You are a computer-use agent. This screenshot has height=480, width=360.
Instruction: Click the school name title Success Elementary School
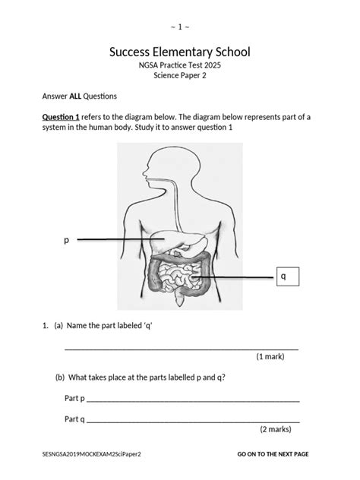[x=179, y=54]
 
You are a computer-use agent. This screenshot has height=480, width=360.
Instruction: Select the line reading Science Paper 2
[x=179, y=80]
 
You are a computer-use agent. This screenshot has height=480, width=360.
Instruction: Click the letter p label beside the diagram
[x=66, y=240]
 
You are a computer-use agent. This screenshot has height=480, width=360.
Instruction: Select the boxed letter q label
[x=283, y=278]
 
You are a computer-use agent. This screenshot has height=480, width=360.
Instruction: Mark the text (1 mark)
[x=272, y=356]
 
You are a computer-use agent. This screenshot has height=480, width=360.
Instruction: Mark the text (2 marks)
[x=275, y=429]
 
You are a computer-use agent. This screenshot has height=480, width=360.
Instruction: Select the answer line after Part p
[x=193, y=400]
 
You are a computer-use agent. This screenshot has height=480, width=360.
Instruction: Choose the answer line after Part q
[x=193, y=421]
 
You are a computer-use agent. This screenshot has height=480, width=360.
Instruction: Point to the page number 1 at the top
[x=180, y=27]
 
